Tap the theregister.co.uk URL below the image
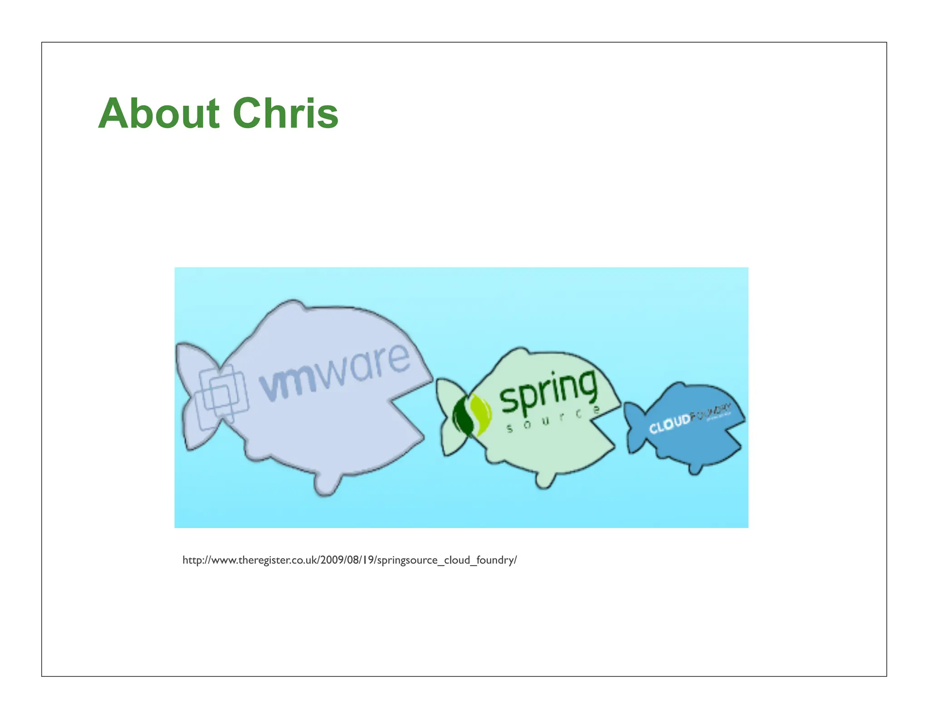click(349, 560)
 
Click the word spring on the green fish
click(548, 392)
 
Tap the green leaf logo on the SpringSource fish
click(472, 414)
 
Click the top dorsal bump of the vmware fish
click(290, 306)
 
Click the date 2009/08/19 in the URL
click(347, 560)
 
